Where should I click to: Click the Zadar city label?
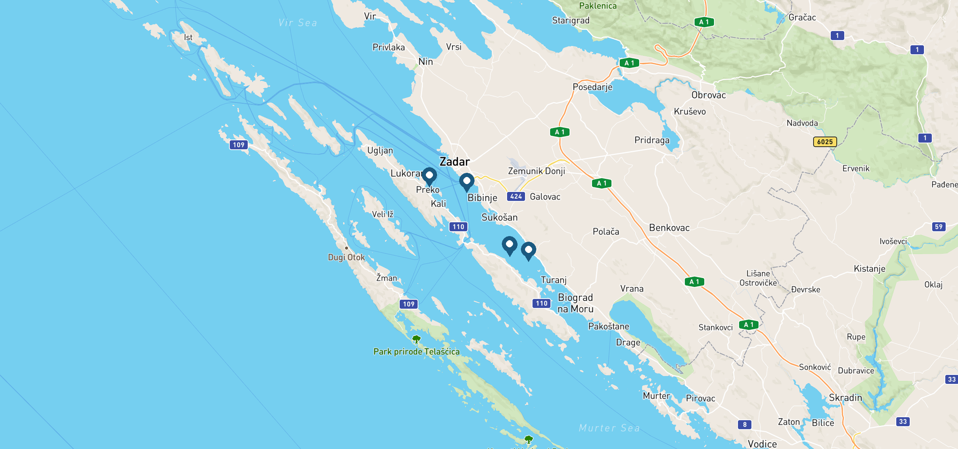pos(454,162)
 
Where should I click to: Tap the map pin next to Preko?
pos(429,176)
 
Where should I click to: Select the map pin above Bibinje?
pos(467,182)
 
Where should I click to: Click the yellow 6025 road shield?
pos(825,142)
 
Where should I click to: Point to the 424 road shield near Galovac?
pos(516,196)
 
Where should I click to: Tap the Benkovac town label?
pos(669,228)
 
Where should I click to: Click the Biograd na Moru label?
pos(575,303)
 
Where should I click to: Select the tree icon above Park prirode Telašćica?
pos(416,339)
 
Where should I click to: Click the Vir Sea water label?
pos(298,23)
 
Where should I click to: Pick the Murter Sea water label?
pos(609,428)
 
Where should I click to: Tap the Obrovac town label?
pos(708,95)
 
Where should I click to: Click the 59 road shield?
pos(939,227)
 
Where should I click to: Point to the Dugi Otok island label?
pos(346,257)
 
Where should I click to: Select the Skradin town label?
pos(845,398)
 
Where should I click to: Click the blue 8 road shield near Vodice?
pos(744,425)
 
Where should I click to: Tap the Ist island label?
pos(188,37)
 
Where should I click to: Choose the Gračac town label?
pos(802,18)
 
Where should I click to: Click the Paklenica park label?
pos(598,6)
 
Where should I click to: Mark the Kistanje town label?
pos(869,269)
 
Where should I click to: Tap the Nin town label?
pos(425,62)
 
